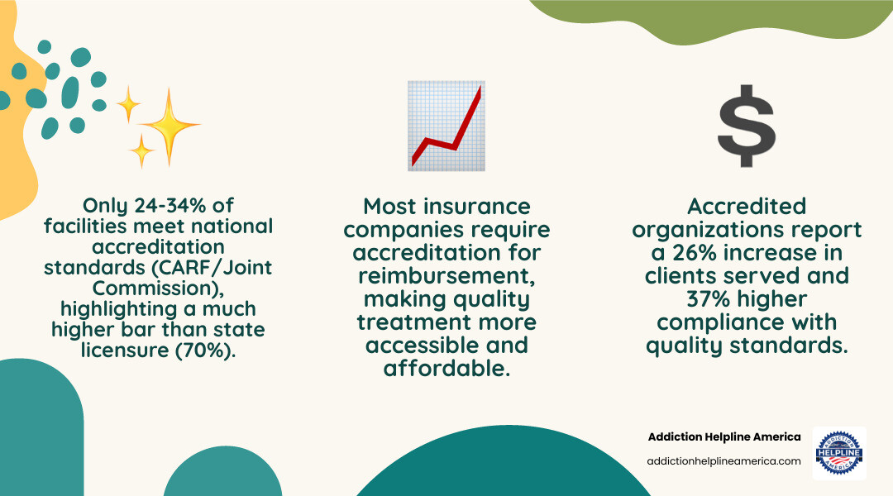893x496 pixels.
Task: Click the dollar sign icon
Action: pos(747,126)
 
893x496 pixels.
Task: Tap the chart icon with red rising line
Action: pos(446,126)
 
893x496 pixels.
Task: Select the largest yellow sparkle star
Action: pos(169,126)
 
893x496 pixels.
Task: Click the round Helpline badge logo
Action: pos(839,453)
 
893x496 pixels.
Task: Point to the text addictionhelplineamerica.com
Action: pos(724,461)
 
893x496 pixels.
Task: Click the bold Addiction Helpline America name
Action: pos(724,436)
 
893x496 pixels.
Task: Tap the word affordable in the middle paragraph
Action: pos(446,369)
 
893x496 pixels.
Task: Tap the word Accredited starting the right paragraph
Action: pos(747,205)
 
